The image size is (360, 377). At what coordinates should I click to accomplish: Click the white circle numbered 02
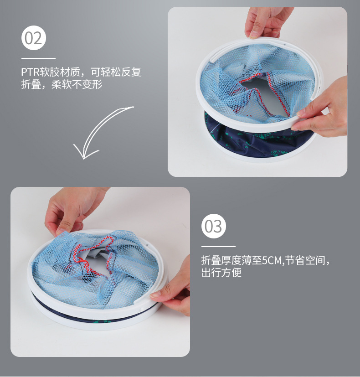pos(34,38)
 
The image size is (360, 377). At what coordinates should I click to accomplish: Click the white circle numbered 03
pos(214,226)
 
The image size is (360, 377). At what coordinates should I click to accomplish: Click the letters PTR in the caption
pos(30,72)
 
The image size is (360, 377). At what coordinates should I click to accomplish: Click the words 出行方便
pos(221,273)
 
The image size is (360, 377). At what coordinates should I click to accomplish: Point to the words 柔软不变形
pos(77,84)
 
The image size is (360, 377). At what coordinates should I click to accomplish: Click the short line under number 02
pos(38,58)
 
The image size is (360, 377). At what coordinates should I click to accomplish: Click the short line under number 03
pos(218,247)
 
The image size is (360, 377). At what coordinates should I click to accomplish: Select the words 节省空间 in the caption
pos(305,260)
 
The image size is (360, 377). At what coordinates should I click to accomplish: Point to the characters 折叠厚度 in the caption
pos(221,260)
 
